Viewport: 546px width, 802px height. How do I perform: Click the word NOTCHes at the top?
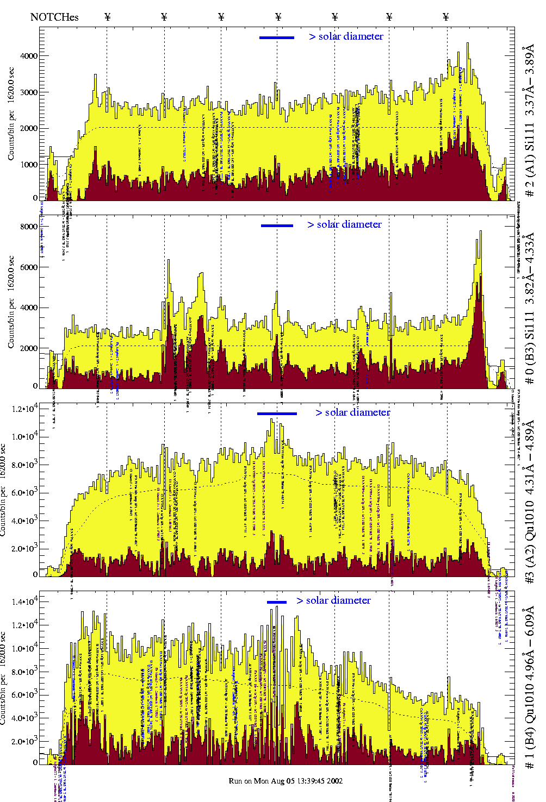pos(54,17)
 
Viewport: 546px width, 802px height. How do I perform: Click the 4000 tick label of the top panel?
pos(29,56)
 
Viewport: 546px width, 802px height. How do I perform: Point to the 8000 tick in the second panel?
pos(29,227)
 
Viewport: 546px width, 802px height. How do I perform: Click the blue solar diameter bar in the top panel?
pos(277,37)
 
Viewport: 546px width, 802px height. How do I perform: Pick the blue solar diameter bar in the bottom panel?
pos(277,601)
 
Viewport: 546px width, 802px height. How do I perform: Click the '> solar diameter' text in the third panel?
pos(353,412)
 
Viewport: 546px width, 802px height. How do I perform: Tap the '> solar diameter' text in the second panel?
pos(345,224)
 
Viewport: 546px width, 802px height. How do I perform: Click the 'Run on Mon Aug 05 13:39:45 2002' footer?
pos(286,781)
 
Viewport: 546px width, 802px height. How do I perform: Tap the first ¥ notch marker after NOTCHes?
pos(107,17)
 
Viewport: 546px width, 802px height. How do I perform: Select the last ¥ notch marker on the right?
pos(446,17)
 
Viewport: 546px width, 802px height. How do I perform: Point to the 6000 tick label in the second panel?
pos(29,267)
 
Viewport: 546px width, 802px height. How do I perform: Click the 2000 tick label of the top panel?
pos(29,129)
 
